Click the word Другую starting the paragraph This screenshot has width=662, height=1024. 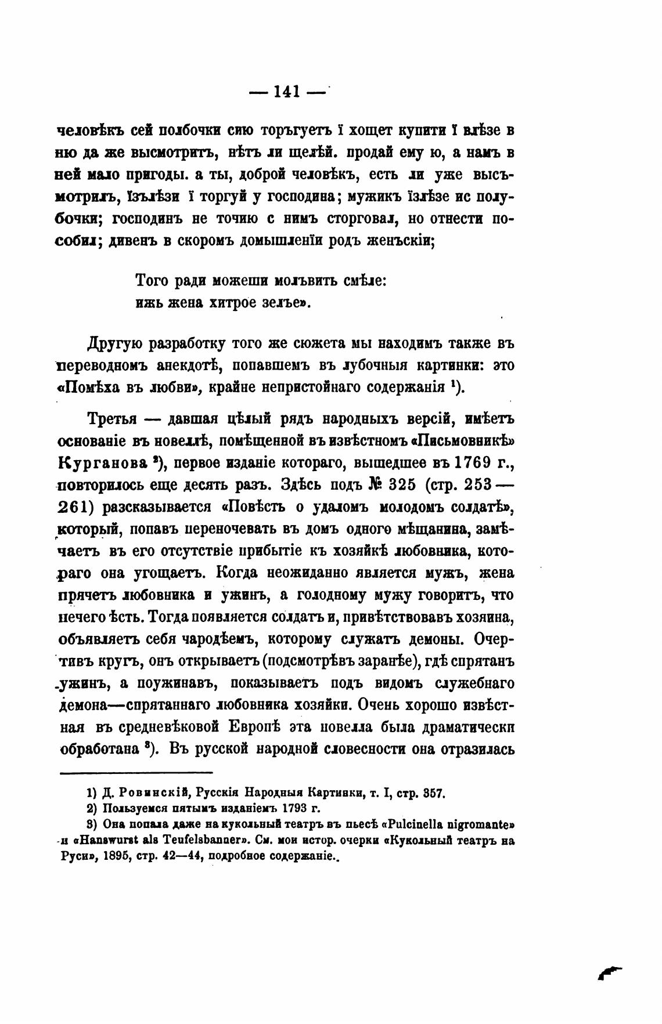click(115, 343)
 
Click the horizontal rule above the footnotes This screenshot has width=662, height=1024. click(136, 772)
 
